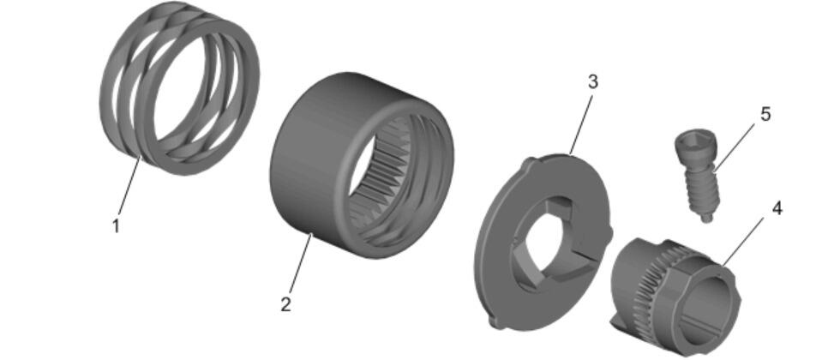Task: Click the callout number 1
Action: pos(116,226)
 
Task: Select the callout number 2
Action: pos(285,304)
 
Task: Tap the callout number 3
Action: pos(592,82)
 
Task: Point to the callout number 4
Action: pos(777,208)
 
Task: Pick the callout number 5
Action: pos(765,115)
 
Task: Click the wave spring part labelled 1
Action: pos(179,88)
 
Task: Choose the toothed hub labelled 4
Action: pos(676,292)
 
